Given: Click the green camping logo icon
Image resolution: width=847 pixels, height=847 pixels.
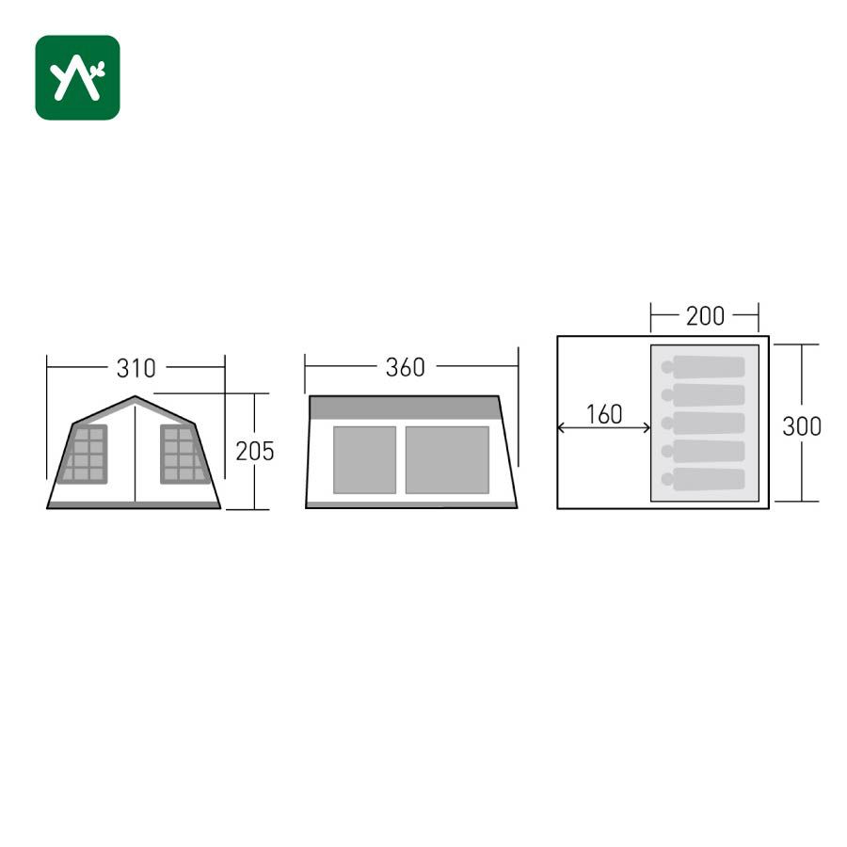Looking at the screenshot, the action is pos(77,77).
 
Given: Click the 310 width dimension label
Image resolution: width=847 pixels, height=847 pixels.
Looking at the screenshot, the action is pos(136,368).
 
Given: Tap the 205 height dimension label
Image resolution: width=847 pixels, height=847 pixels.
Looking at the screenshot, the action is pos(255,451).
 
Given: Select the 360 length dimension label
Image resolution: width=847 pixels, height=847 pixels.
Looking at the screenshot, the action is pos(405,367).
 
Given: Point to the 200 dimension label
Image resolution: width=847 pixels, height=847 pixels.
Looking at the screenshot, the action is pos(705,316).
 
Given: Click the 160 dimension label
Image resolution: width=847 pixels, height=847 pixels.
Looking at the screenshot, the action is pos(604,414).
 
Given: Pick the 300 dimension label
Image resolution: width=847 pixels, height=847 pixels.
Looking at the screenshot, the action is pos(802,426).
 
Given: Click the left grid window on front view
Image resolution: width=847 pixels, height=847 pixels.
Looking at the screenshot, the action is pos(84,454).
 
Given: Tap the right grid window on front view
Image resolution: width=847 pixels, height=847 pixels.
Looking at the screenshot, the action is pos(184,454).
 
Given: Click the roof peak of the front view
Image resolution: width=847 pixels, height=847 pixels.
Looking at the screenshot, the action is pos(135,396).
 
